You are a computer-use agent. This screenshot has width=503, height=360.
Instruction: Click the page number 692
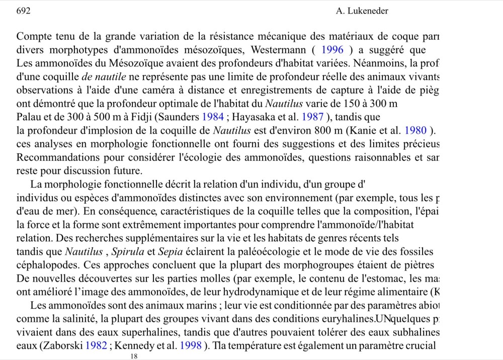(x=24, y=11)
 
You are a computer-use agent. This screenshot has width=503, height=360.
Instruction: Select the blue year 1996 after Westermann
(x=332, y=50)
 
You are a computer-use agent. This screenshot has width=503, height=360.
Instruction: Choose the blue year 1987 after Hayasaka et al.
(x=295, y=118)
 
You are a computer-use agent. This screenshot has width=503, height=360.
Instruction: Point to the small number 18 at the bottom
(x=134, y=356)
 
